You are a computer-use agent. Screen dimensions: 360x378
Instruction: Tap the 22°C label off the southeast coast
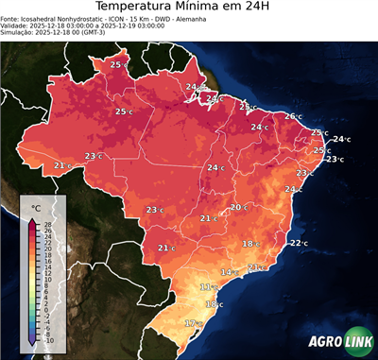click(x=298, y=243)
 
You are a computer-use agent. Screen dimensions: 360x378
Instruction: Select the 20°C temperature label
click(x=238, y=207)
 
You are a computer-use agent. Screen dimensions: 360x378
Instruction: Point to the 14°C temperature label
click(x=228, y=272)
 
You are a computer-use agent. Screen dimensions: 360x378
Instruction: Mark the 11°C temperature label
click(x=206, y=286)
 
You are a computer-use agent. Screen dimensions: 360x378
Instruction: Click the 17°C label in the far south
click(x=192, y=323)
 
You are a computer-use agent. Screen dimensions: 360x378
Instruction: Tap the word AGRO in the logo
click(x=323, y=342)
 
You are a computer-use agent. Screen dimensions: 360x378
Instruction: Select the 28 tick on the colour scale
click(x=48, y=223)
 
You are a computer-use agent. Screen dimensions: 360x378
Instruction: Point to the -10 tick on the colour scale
click(x=48, y=340)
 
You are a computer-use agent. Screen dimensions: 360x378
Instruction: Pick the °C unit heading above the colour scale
click(x=36, y=207)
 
